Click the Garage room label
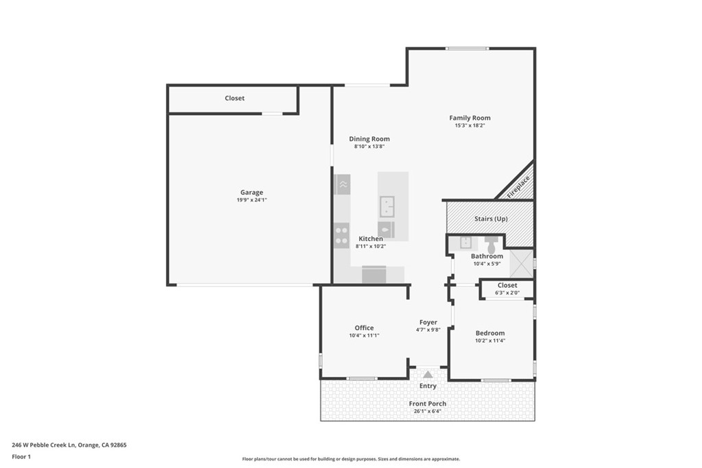point(251,193)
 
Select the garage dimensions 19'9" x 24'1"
point(251,200)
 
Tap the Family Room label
point(470,118)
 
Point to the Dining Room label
point(369,139)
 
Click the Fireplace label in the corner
point(519,186)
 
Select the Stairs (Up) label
point(490,219)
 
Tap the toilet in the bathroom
point(491,243)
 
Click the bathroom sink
point(465,242)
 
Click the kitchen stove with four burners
point(341,236)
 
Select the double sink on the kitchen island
point(387,205)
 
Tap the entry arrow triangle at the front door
point(428,374)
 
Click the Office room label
point(364,328)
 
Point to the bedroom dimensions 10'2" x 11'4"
point(490,341)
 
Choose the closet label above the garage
point(234,99)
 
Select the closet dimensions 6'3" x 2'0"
point(507,293)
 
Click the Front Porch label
point(428,404)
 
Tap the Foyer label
point(428,322)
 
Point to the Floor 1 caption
point(21,456)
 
